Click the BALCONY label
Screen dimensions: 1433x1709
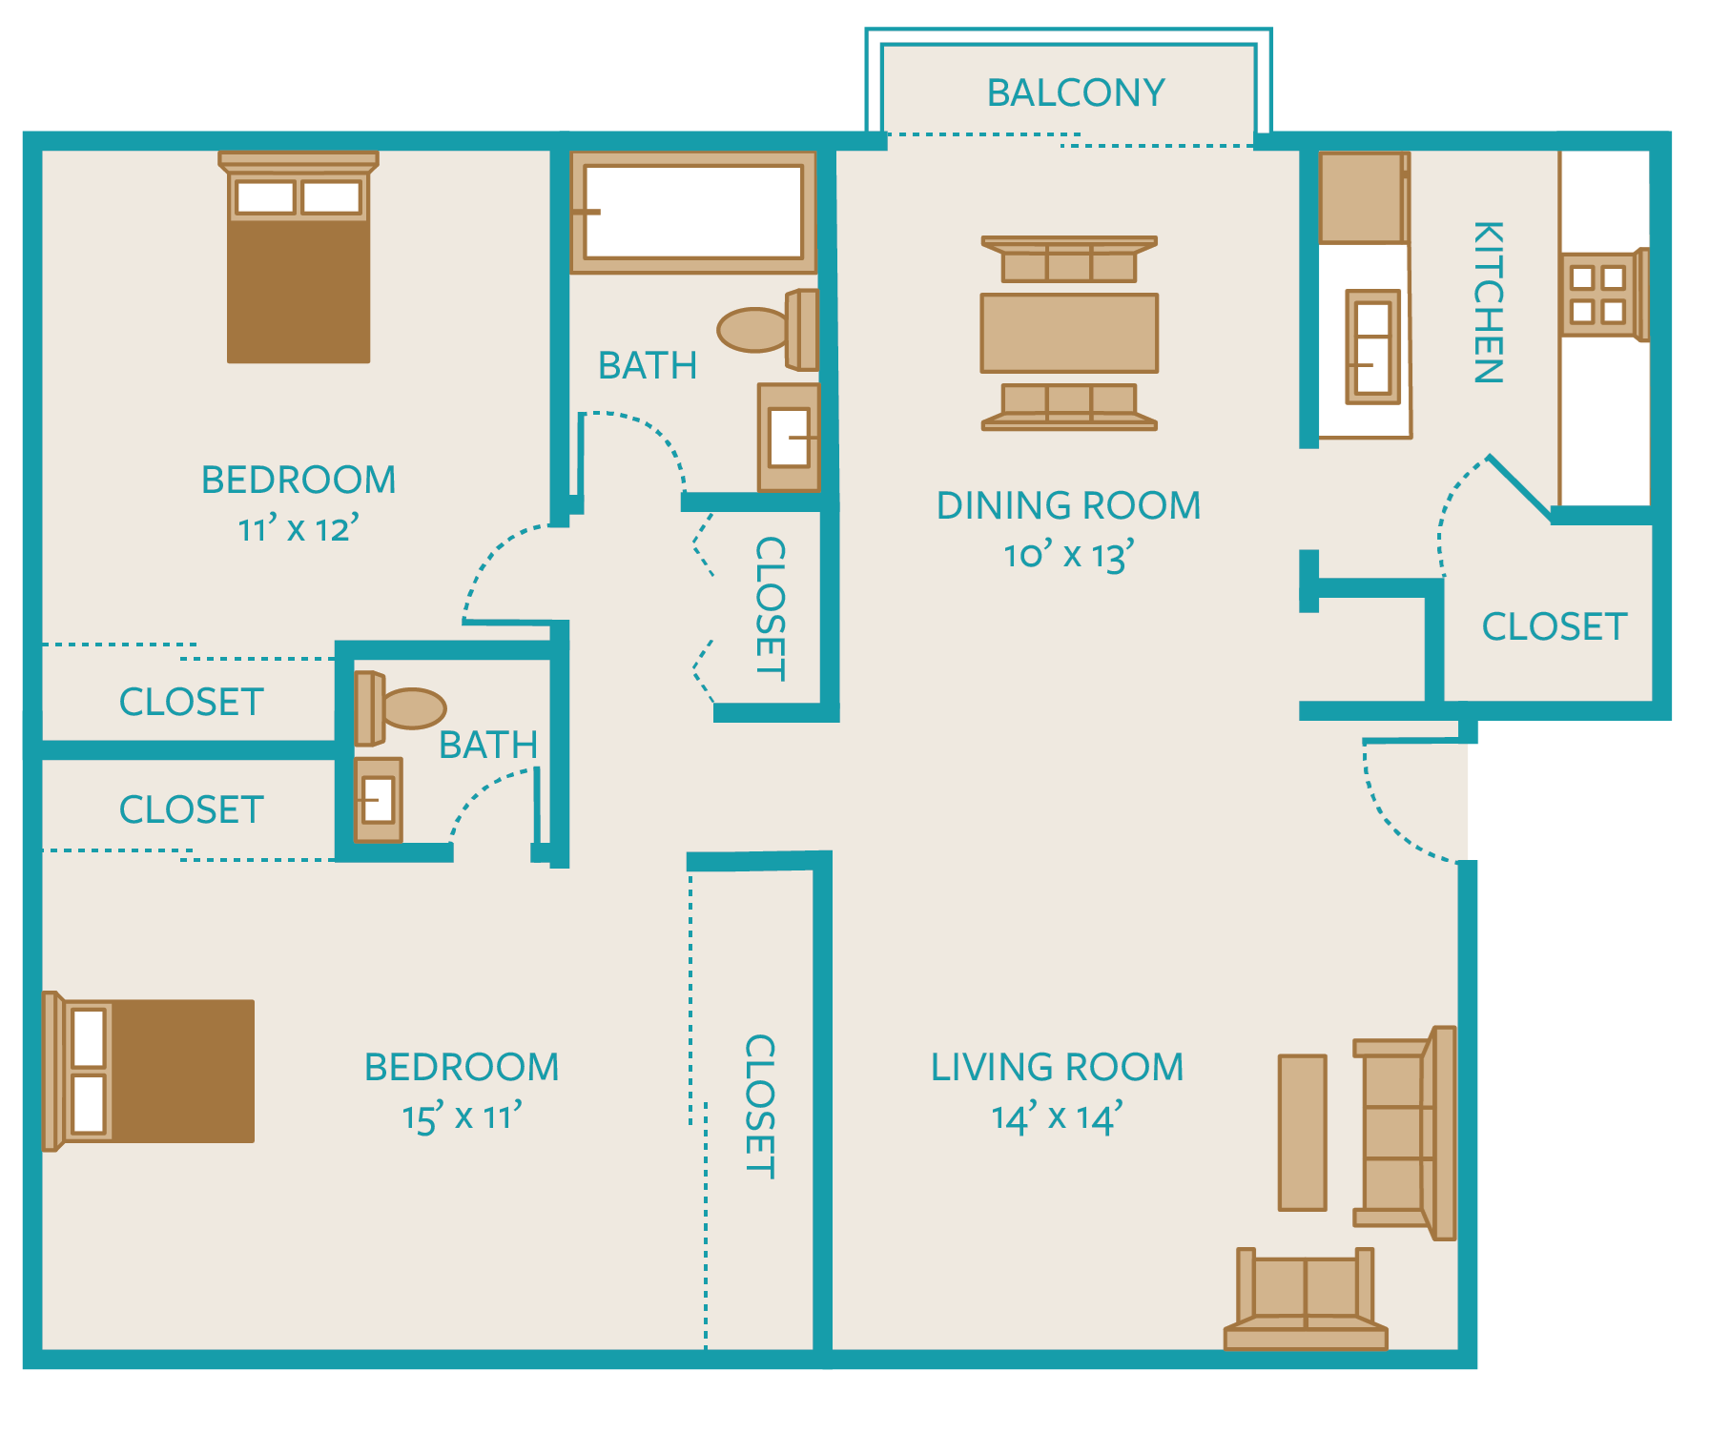tap(1075, 93)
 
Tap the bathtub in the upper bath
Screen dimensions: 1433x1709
tap(693, 212)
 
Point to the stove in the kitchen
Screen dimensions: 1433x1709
tap(1601, 295)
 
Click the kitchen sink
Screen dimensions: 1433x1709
tap(1372, 347)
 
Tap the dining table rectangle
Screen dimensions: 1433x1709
tap(1069, 333)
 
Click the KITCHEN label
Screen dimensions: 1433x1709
tap(1488, 302)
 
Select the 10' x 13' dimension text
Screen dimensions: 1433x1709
tap(1068, 555)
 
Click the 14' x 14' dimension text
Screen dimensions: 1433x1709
tap(1057, 1117)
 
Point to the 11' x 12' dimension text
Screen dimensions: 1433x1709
tap(298, 528)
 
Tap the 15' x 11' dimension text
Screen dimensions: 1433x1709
tap(462, 1117)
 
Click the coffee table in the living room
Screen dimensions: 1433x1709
tap(1302, 1133)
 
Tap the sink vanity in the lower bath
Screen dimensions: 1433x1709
tap(378, 800)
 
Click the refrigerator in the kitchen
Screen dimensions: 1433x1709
tap(1362, 197)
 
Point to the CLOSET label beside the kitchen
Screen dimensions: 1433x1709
tap(1554, 626)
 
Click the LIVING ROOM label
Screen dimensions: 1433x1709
tap(1057, 1067)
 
